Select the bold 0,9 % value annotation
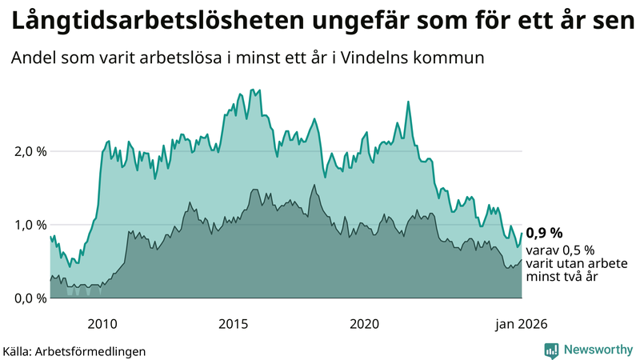pyautogui.click(x=544, y=234)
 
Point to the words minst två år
pyautogui.click(x=563, y=277)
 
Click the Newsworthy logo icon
pyautogui.click(x=551, y=350)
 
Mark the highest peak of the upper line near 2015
pyautogui.click(x=252, y=90)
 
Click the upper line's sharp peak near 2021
pyautogui.click(x=408, y=102)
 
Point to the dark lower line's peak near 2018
pyautogui.click(x=314, y=186)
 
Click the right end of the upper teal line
pyautogui.click(x=522, y=234)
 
